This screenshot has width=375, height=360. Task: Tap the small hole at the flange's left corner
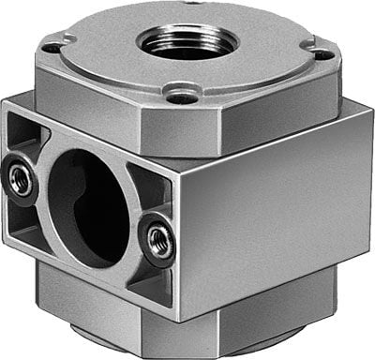tap(53, 45)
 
